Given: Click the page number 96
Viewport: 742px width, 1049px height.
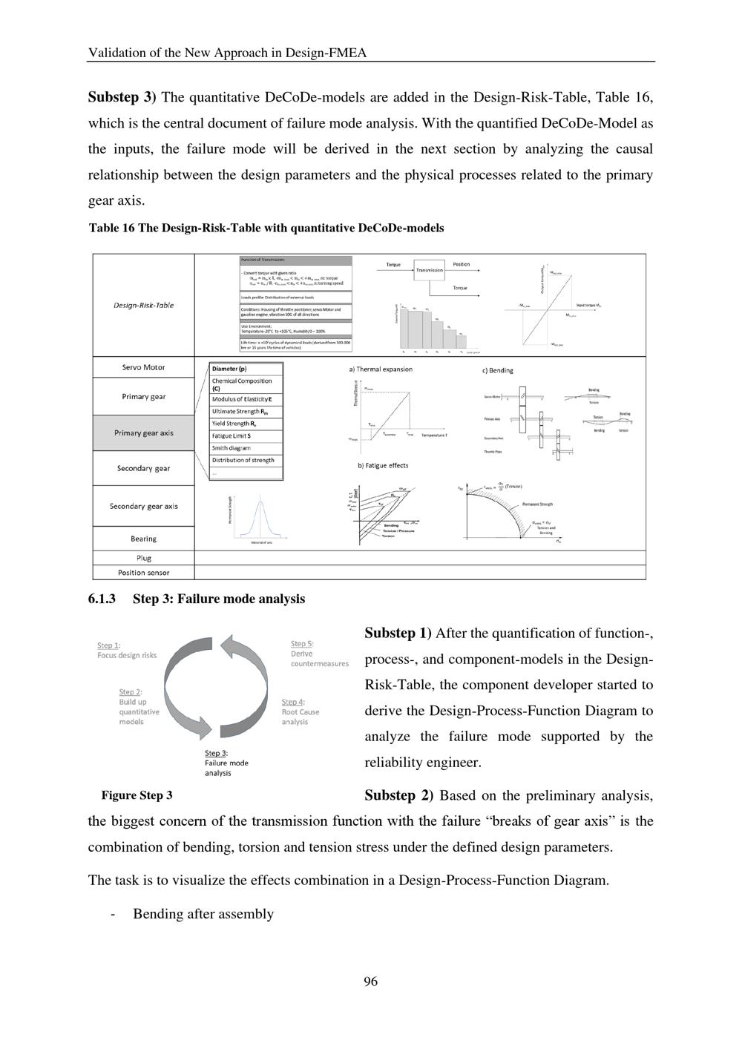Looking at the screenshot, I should coord(370,981).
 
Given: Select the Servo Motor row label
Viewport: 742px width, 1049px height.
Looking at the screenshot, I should coord(143,367).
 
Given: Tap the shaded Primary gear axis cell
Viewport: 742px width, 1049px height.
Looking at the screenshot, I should coord(143,433).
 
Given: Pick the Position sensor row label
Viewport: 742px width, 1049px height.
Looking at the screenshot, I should coord(143,573).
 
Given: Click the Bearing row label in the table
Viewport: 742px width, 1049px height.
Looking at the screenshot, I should coord(143,539).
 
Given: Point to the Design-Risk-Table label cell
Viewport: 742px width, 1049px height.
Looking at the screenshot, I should coord(143,305).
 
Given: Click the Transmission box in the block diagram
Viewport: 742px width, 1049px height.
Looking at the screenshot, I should coord(429,270).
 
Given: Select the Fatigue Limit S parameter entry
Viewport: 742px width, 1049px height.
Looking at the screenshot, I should coord(232,435).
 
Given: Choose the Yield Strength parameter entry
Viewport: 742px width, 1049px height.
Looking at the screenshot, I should coord(234,424).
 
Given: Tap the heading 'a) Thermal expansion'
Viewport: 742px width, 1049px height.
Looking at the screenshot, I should coord(381,369).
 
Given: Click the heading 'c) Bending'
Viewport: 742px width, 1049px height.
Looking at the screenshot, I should coord(497,370).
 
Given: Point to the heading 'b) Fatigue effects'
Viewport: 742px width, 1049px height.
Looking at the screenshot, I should coord(382,466).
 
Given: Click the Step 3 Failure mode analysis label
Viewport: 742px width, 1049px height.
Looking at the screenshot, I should coord(226,763).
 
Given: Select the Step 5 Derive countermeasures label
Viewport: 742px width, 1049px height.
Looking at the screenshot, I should coord(319,654).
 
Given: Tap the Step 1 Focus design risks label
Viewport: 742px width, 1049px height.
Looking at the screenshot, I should coord(127,650).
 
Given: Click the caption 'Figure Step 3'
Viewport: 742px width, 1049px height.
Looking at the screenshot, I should coord(137,795).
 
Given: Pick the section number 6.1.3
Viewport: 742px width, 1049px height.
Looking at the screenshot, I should coord(102,599).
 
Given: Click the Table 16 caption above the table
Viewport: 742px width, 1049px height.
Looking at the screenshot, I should coord(266,228).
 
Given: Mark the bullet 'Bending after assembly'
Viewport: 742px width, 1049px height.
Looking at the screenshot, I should coord(203,914).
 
